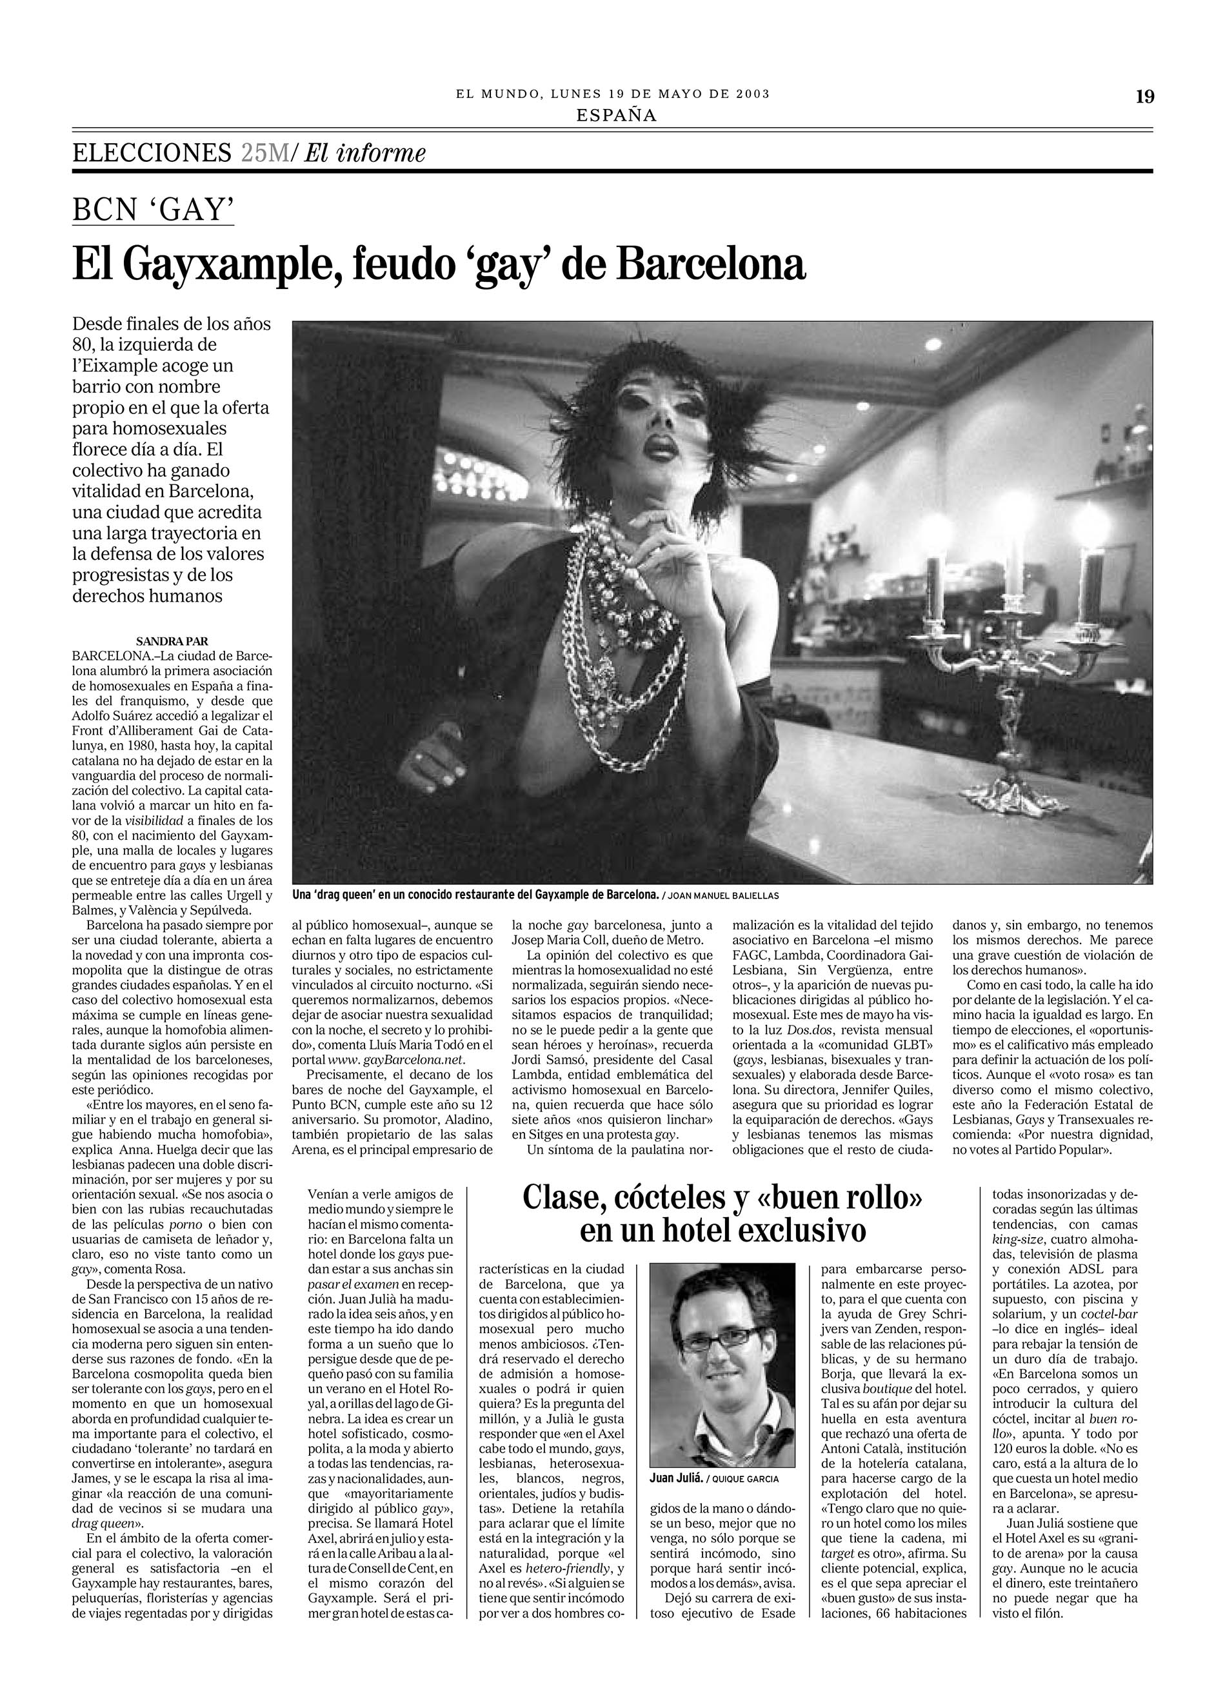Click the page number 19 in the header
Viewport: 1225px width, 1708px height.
coord(1144,96)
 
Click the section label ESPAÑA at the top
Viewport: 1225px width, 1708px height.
coord(616,115)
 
